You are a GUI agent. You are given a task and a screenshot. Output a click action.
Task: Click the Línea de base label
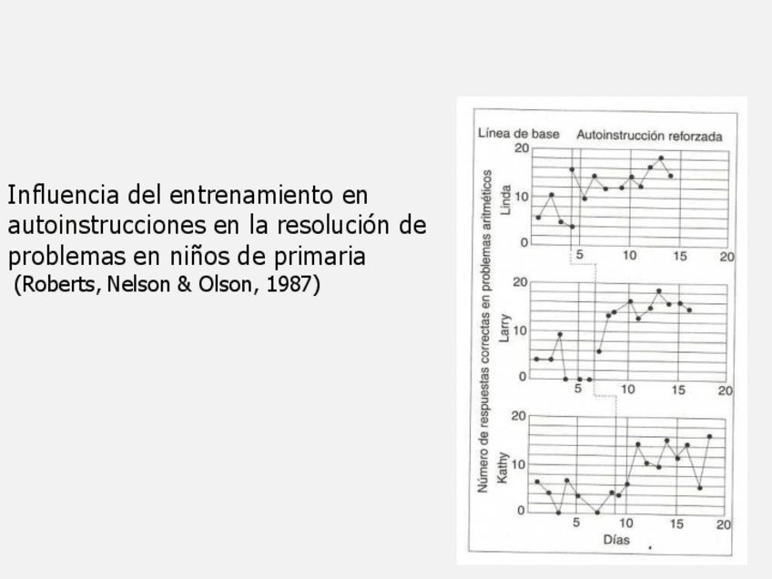[519, 135]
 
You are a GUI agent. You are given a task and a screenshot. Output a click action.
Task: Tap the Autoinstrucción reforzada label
[649, 136]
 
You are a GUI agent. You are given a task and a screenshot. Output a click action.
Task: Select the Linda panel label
[506, 197]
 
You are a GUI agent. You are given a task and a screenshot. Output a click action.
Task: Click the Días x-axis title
[616, 540]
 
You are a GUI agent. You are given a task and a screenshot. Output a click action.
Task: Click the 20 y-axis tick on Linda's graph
[522, 148]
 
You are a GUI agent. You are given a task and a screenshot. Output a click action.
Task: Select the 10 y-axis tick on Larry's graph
[522, 330]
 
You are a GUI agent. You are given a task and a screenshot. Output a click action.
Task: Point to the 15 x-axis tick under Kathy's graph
[676, 523]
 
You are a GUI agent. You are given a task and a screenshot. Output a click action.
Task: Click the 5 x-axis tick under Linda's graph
[580, 256]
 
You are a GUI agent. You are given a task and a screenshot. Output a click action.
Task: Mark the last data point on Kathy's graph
[709, 437]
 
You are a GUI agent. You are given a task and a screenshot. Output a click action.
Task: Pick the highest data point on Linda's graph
[661, 158]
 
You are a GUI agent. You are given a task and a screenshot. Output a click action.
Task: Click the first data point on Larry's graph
[537, 360]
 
